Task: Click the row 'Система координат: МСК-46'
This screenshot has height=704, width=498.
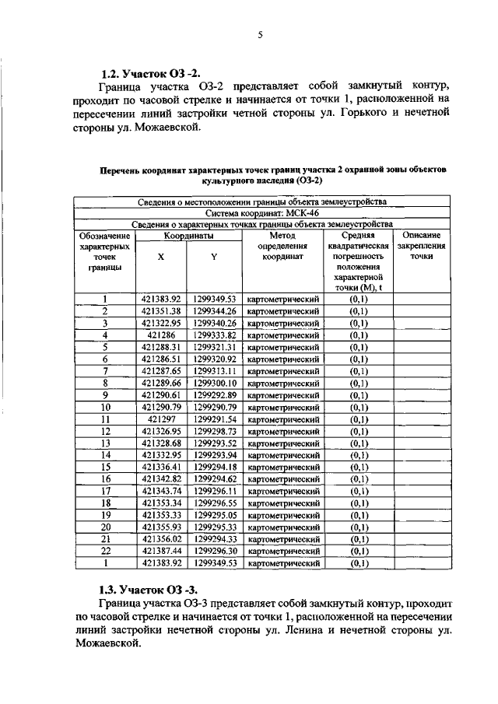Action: pos(262,212)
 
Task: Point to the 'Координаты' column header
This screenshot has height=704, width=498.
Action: pos(188,234)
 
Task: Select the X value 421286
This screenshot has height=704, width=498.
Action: pos(161,334)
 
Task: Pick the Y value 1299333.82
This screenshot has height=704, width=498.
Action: pos(214,334)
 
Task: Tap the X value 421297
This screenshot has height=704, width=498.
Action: pos(161,419)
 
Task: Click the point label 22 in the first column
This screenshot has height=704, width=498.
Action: pos(104,550)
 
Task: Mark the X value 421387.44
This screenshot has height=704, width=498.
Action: pos(161,550)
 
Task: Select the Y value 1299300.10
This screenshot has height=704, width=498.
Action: pos(214,383)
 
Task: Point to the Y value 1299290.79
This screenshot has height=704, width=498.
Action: pos(214,407)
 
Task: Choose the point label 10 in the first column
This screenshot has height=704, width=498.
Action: pos(104,407)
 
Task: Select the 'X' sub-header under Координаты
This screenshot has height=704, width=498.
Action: pos(161,257)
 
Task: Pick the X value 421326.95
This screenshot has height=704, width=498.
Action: pos(161,431)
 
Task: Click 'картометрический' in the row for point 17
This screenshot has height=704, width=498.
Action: pos(283,491)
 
